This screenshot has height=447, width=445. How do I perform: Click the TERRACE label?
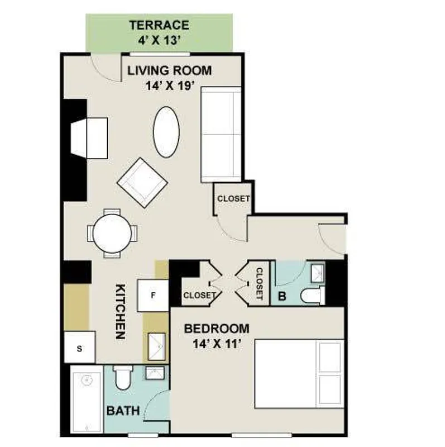(159, 25)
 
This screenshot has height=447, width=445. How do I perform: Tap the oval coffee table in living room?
(166, 132)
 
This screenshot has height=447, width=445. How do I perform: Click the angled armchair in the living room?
(142, 182)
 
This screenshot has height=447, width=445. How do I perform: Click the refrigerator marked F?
(154, 295)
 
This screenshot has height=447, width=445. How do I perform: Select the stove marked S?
(79, 348)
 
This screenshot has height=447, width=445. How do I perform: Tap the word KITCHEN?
(119, 312)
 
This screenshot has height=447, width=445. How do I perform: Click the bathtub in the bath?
(87, 399)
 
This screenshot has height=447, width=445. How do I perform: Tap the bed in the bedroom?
(299, 374)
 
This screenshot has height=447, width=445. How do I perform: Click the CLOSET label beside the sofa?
(233, 198)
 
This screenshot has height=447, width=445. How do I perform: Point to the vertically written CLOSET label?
(259, 284)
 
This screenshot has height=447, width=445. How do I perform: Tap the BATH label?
(123, 411)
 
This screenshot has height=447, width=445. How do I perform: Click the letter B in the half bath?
(282, 297)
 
